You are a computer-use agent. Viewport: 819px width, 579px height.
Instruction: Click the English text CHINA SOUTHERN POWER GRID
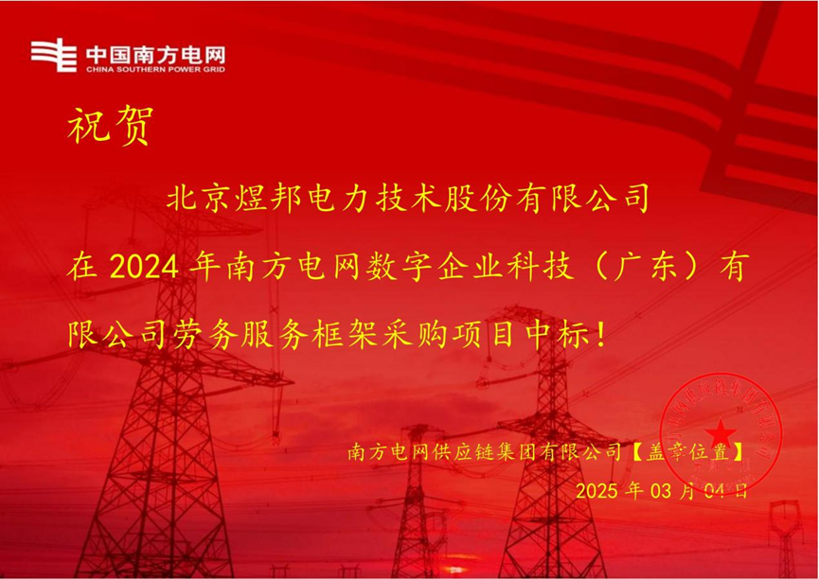(156, 69)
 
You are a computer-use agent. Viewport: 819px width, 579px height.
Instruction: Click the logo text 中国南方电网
(156, 52)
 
